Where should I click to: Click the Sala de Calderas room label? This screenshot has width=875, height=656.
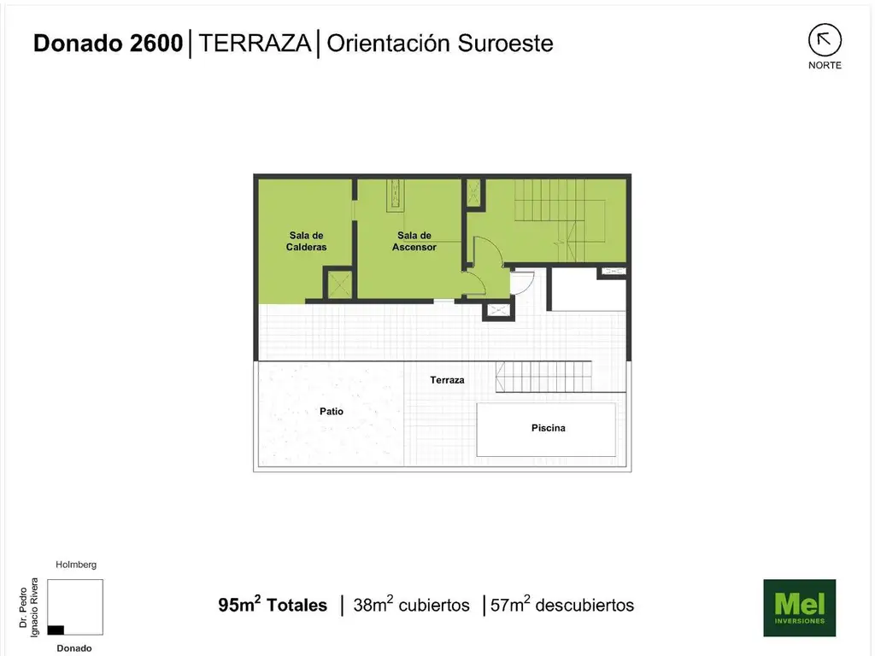[306, 241]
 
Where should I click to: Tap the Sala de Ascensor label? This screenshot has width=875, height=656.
[414, 241]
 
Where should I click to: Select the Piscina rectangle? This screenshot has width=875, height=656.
[546, 430]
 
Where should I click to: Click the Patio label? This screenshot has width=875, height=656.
[332, 411]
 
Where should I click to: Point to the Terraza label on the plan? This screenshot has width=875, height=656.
[447, 380]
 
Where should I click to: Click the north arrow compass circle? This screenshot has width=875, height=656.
[825, 40]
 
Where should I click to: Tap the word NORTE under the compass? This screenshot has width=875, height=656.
[825, 65]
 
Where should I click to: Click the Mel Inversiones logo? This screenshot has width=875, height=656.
[800, 607]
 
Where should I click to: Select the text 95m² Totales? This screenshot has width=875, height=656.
[273, 605]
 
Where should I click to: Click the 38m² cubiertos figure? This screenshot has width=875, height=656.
[411, 605]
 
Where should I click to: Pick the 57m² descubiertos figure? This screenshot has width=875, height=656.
[562, 605]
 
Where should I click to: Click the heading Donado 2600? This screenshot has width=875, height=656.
[108, 43]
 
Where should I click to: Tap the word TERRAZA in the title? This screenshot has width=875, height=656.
[255, 43]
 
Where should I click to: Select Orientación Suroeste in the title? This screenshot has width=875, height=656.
[440, 43]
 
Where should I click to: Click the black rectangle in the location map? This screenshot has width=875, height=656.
[56, 630]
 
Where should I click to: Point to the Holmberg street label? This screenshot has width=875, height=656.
[76, 565]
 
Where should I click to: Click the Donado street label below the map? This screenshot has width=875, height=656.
[74, 648]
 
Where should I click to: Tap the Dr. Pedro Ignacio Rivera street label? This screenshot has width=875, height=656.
[28, 607]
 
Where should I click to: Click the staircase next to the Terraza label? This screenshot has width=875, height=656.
[543, 377]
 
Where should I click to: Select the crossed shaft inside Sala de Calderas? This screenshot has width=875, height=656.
[338, 284]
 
